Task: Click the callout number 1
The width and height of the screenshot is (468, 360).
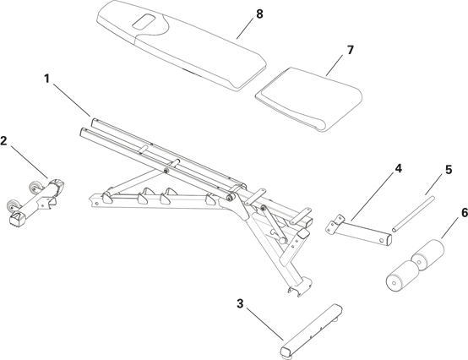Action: click(46, 79)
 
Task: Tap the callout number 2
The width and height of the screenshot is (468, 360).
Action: click(4, 140)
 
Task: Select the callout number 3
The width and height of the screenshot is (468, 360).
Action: click(240, 304)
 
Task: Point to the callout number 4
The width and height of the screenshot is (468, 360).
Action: click(398, 169)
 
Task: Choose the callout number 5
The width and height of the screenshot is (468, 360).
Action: click(449, 170)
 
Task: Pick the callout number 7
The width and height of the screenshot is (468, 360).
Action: click(350, 50)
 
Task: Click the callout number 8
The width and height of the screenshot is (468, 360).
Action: click(259, 14)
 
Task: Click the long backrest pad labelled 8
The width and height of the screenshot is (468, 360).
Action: click(181, 46)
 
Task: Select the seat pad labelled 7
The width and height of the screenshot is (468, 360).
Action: click(309, 99)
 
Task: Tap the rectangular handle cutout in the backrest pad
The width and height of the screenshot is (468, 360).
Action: click(144, 22)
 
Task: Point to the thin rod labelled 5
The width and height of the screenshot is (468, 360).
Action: click(413, 214)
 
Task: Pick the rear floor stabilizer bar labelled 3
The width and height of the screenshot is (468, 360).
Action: click(311, 330)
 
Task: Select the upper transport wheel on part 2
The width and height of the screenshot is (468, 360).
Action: click(34, 187)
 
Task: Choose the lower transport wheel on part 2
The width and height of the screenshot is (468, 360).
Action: click(13, 205)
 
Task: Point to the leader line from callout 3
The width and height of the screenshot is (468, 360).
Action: click(265, 325)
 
